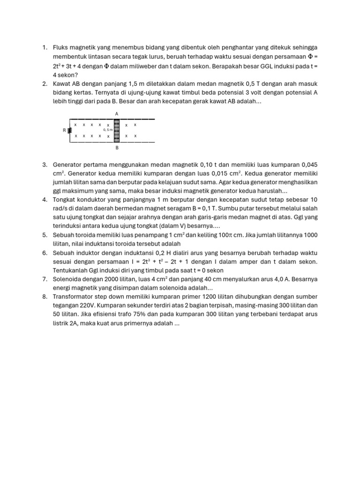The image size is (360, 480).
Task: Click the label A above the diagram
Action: [x=117, y=113]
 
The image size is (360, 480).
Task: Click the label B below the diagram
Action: [x=117, y=148]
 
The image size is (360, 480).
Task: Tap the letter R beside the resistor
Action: [x=64, y=131]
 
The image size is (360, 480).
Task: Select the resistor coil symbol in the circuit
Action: [x=69, y=130]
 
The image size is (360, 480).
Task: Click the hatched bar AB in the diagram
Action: [x=117, y=130]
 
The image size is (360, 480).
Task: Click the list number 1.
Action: [x=45, y=47]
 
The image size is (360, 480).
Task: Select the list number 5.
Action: [x=45, y=234]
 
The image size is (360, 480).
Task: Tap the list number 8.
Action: [x=45, y=297]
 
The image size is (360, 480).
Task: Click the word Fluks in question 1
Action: [x=61, y=47]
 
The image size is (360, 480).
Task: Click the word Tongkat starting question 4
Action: [x=66, y=199]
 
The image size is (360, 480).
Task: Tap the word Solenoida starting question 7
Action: [x=68, y=279]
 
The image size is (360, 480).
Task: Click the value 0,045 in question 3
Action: [x=308, y=165]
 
